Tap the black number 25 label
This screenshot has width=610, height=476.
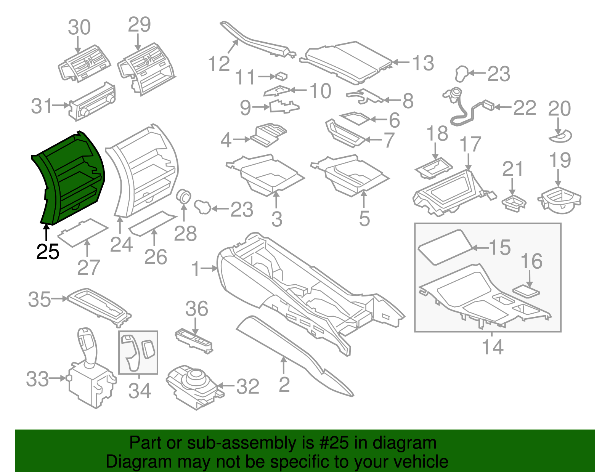click(x=48, y=252)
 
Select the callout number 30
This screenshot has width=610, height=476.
click(x=79, y=27)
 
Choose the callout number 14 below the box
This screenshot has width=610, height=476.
click(x=493, y=347)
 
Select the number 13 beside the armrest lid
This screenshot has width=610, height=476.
click(x=423, y=63)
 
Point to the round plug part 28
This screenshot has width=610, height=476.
click(x=185, y=197)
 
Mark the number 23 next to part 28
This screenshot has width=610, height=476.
click(x=242, y=210)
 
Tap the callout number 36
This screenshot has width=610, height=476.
click(x=197, y=309)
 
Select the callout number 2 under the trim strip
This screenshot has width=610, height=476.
click(x=284, y=385)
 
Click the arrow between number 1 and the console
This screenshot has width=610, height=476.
click(x=209, y=269)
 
